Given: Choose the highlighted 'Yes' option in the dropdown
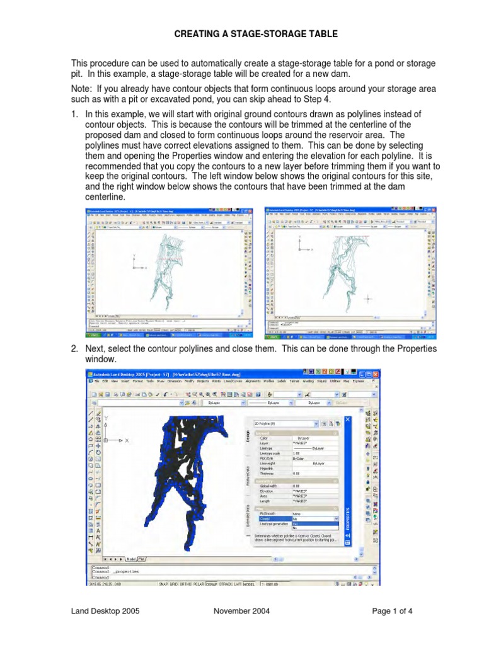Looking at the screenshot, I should click(294, 523).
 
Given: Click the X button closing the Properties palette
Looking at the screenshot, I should click(349, 418).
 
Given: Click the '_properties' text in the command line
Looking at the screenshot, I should click(125, 572).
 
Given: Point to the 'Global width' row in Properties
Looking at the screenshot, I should click(264, 486).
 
